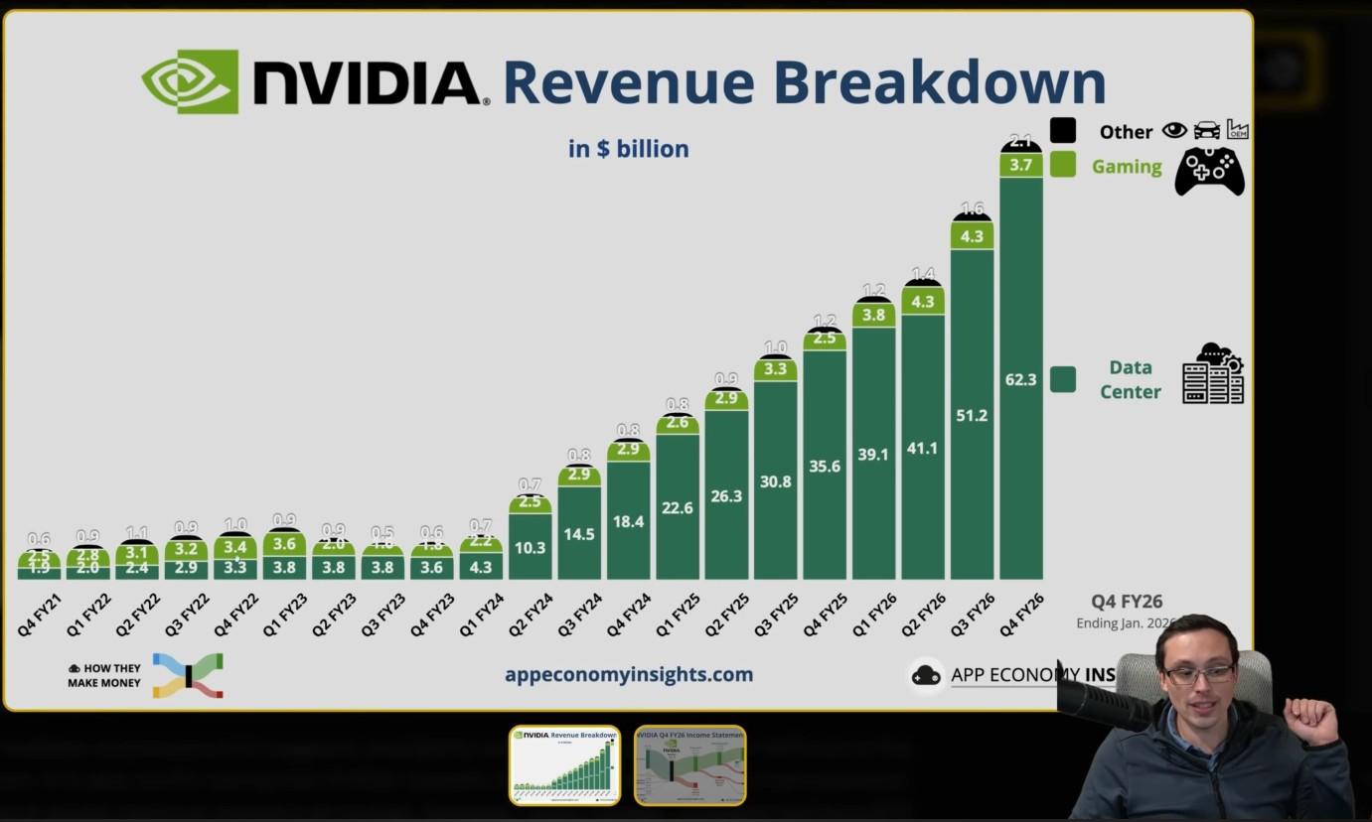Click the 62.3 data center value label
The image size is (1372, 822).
1020,379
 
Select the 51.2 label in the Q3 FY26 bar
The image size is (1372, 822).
972,415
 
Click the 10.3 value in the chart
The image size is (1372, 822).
530,547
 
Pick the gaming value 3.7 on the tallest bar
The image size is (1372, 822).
1020,165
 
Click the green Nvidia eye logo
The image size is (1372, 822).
190,81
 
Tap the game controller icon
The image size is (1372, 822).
1209,171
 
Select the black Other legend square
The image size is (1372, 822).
1062,130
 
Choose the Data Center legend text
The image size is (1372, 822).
1130,380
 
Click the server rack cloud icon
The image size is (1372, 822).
1213,374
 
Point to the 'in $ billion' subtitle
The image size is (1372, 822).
628,149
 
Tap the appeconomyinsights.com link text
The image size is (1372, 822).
628,675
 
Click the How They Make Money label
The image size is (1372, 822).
104,676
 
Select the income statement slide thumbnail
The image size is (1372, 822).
689,764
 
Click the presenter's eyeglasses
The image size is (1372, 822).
1198,674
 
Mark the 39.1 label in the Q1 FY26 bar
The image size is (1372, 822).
873,455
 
